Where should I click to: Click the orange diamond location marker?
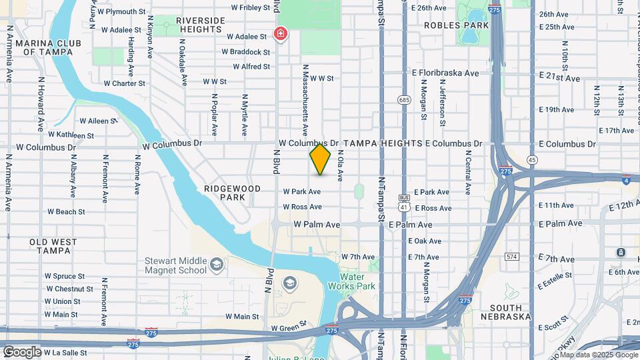tap(320, 159)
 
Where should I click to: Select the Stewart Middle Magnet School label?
tap(177, 265)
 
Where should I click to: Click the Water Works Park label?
tap(357, 281)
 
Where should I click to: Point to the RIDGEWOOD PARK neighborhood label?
tap(232, 193)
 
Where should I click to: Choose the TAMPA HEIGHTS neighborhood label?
tap(383, 143)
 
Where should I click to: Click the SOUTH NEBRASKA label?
tap(510, 312)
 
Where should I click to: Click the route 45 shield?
tap(531, 160)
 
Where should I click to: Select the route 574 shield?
tap(511, 256)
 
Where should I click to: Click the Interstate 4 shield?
tap(625, 179)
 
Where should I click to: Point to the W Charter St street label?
tap(124, 83)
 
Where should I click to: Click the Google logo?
tap(22, 351)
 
